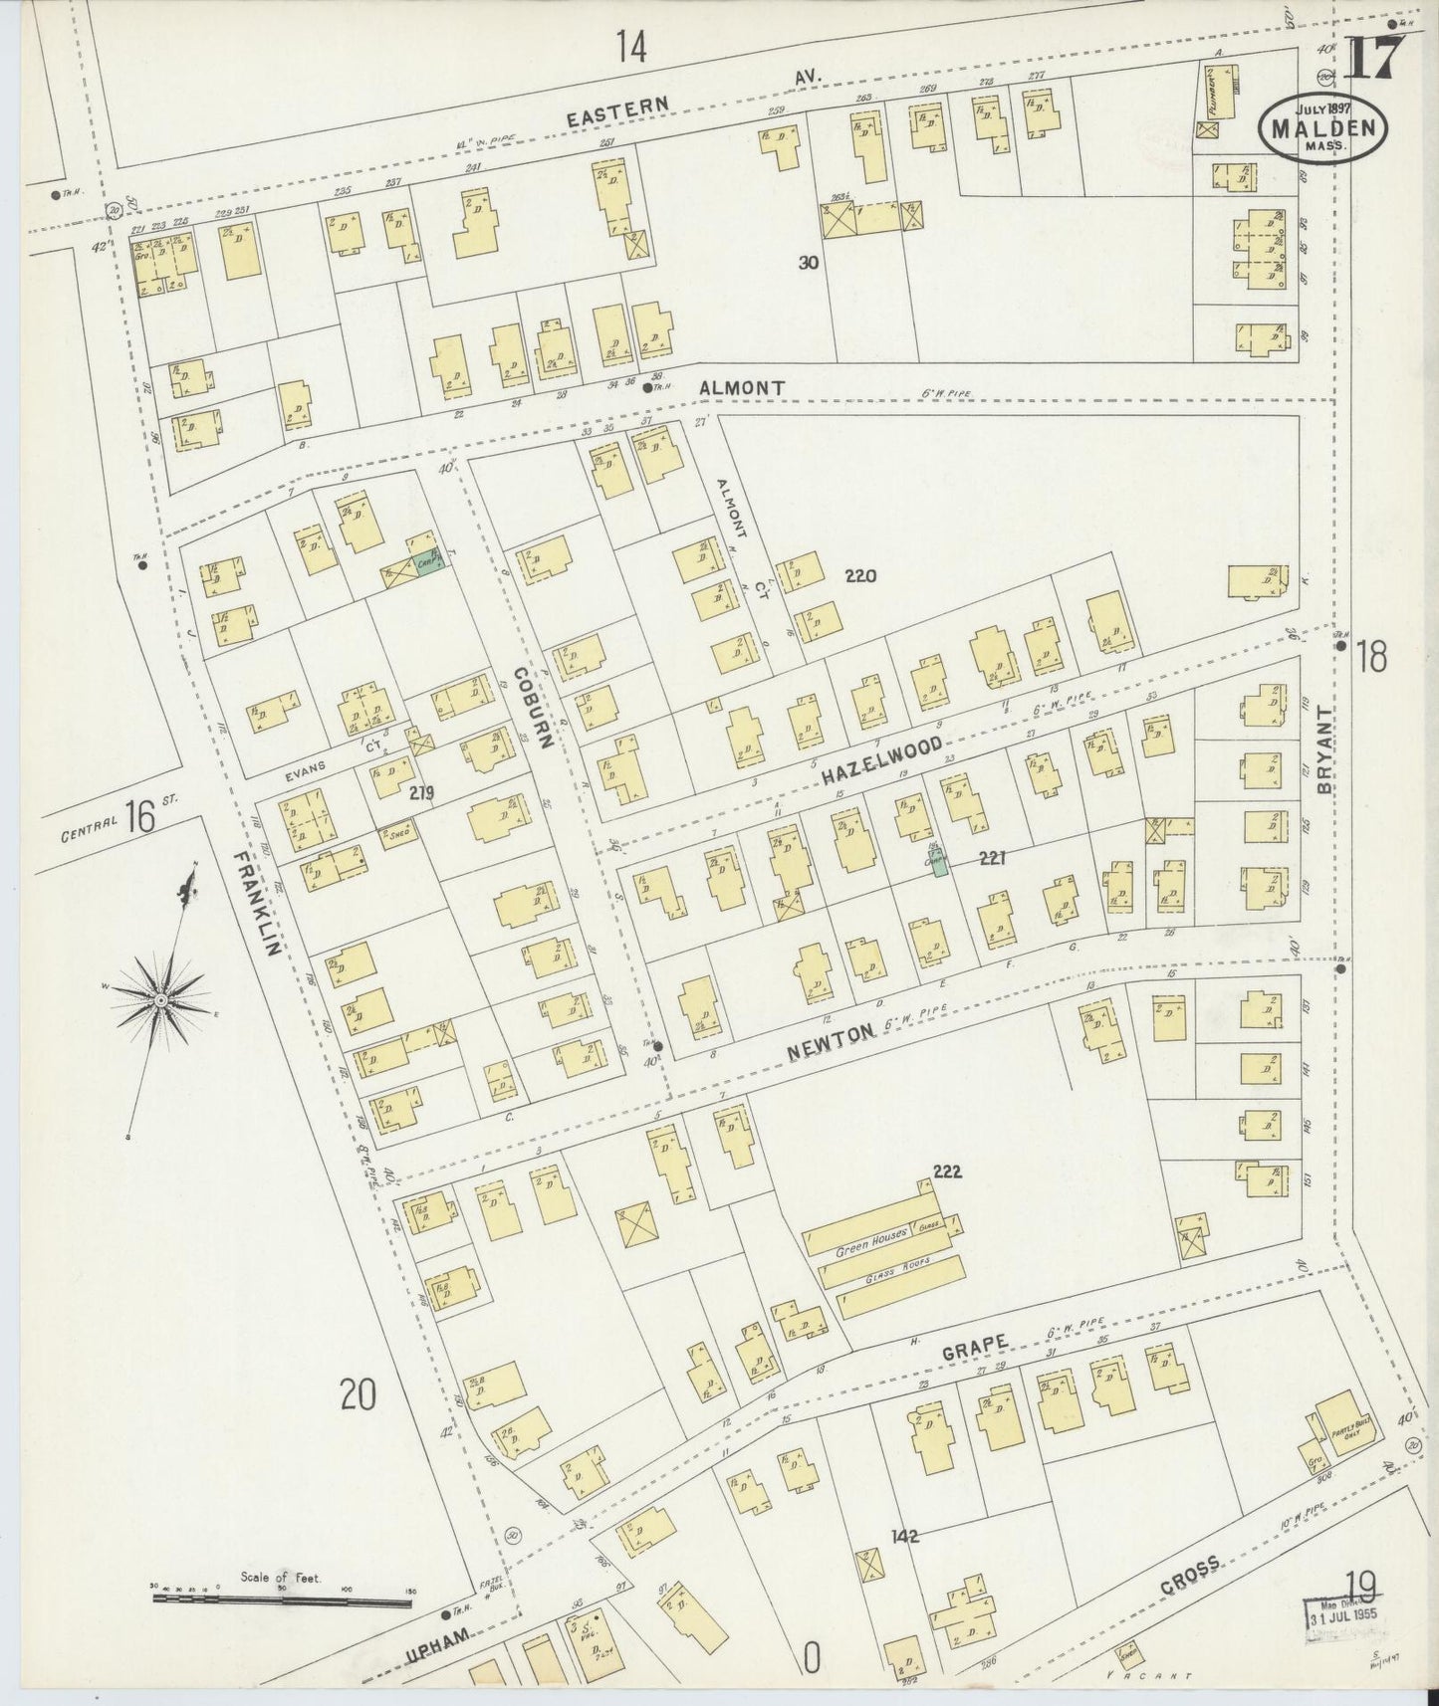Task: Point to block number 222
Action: pyautogui.click(x=947, y=1172)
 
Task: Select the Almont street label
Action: pyautogui.click(x=742, y=387)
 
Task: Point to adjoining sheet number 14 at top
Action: pyautogui.click(x=630, y=46)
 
